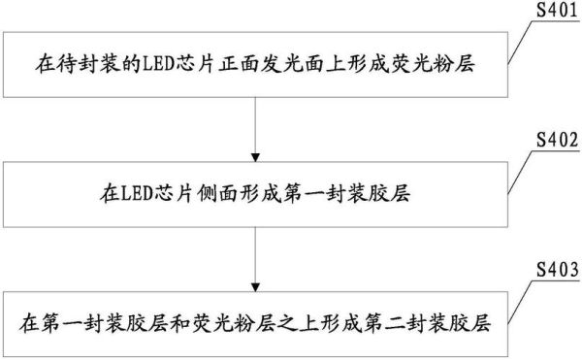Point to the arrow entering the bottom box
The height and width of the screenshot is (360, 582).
pyautogui.click(x=255, y=258)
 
